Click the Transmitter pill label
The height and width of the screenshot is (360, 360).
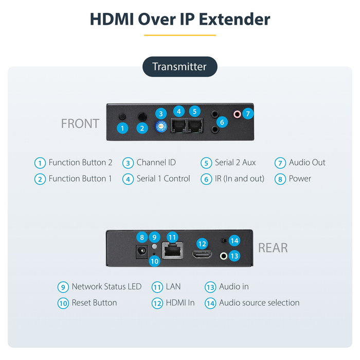tap(180, 66)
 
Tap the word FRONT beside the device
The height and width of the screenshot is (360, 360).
tap(80, 123)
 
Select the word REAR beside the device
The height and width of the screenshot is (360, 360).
tap(273, 248)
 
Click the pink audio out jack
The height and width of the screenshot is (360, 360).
tap(237, 114)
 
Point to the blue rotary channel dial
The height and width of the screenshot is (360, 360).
tap(161, 127)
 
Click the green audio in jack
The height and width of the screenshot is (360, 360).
tap(224, 256)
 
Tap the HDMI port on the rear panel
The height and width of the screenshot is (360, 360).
tap(202, 255)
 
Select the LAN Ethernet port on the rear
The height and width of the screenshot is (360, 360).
tap(173, 250)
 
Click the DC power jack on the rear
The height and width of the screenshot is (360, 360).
tap(141, 252)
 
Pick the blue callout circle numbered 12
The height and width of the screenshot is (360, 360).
tap(202, 244)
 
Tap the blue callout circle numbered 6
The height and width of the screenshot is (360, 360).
tap(222, 122)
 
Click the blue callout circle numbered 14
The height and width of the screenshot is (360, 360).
tap(235, 241)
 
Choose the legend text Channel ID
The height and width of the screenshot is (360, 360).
tap(156, 163)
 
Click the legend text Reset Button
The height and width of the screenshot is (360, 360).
tap(94, 302)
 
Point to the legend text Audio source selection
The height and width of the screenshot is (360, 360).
tap(259, 302)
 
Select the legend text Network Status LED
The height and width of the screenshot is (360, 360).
tap(106, 286)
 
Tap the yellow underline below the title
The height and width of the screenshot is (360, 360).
tap(180, 35)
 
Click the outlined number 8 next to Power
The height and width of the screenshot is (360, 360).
tap(280, 179)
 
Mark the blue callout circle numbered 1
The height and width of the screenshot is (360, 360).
tap(122, 128)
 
